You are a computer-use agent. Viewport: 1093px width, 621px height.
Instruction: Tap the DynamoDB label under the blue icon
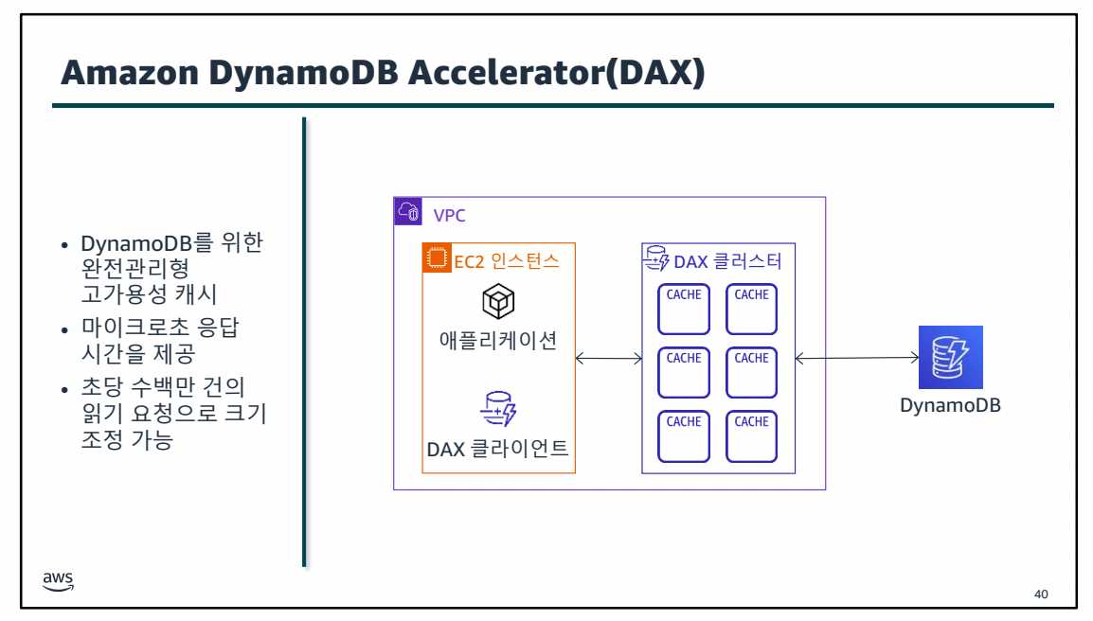tap(950, 406)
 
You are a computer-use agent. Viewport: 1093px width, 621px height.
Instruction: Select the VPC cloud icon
tap(408, 212)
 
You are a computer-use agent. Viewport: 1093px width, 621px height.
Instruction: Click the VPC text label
tap(449, 215)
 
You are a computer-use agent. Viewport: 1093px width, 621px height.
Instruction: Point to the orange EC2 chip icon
tap(437, 258)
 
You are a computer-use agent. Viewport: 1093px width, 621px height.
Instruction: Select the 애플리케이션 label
tap(498, 339)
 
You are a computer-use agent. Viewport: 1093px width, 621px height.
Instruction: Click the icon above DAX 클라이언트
tap(498, 408)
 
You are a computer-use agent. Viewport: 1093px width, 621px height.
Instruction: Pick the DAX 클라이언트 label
tap(498, 448)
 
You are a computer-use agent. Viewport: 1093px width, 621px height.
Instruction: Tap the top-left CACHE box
tap(684, 309)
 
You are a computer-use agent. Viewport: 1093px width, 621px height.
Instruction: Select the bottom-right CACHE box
tap(751, 435)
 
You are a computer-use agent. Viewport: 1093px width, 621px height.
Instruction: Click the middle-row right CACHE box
tap(751, 372)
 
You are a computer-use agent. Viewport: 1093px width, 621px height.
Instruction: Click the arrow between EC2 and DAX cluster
tap(609, 358)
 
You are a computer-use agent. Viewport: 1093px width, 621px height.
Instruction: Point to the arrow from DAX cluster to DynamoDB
tap(857, 358)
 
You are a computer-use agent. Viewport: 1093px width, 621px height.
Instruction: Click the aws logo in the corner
tap(58, 580)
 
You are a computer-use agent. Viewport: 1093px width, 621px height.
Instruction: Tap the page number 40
tap(1041, 594)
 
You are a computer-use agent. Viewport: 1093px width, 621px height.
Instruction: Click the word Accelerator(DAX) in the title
tap(557, 74)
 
